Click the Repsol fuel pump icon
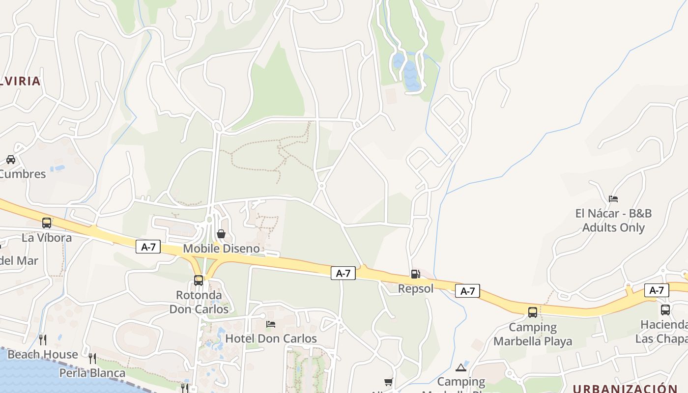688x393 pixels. tap(415, 274)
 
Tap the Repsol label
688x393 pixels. tap(416, 288)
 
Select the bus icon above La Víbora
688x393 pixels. tap(47, 223)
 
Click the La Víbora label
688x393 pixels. tap(47, 238)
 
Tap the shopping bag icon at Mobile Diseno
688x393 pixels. tap(221, 234)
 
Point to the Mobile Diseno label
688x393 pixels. tap(221, 249)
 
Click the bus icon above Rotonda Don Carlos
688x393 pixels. tap(199, 281)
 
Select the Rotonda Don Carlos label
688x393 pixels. tap(199, 302)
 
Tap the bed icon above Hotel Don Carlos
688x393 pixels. tap(271, 324)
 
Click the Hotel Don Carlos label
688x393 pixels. tap(271, 338)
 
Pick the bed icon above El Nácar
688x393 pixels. tap(613, 199)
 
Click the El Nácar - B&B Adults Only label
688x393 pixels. tap(613, 221)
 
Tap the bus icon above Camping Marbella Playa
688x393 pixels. tap(533, 312)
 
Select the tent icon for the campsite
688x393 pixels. tap(461, 367)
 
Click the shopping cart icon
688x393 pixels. tap(388, 382)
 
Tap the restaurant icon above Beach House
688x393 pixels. tap(43, 339)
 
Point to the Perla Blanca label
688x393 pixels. tap(92, 373)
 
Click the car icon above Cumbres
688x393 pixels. tap(11, 160)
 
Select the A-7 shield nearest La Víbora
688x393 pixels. tap(148, 247)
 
